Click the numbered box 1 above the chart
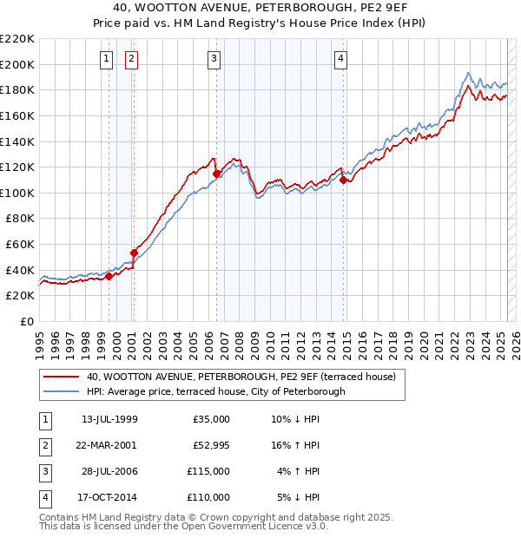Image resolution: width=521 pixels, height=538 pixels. pyautogui.click(x=106, y=59)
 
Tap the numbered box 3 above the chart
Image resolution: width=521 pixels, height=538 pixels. pyautogui.click(x=214, y=59)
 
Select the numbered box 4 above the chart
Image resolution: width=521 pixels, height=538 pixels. pyautogui.click(x=341, y=59)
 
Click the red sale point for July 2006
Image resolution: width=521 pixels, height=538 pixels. pyautogui.click(x=216, y=174)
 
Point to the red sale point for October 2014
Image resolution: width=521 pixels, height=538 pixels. pyautogui.click(x=343, y=180)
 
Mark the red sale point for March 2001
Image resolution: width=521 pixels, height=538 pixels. pyautogui.click(x=135, y=253)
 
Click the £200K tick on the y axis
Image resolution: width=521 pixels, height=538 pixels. pyautogui.click(x=17, y=64)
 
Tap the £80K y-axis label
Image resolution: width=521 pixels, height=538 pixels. pyautogui.click(x=21, y=219)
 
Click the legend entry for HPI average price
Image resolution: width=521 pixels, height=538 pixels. pyautogui.click(x=215, y=391)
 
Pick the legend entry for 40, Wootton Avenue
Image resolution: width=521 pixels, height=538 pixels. pyautogui.click(x=241, y=377)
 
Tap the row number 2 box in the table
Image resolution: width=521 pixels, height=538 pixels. pyautogui.click(x=44, y=445)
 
